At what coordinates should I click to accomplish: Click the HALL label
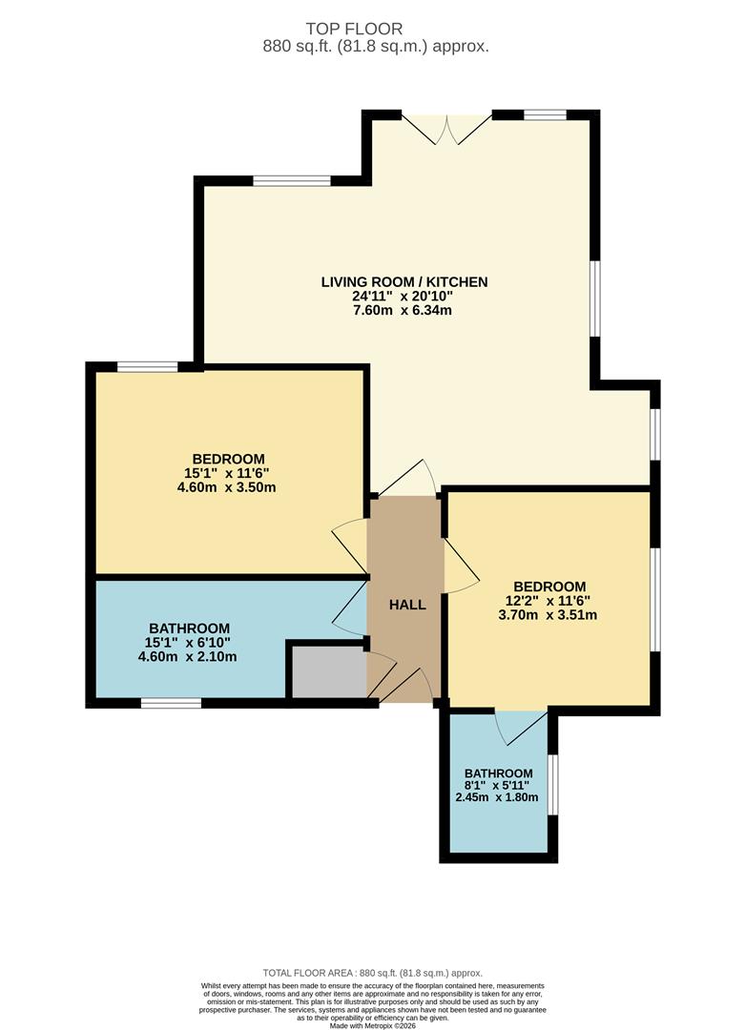pyautogui.click(x=407, y=605)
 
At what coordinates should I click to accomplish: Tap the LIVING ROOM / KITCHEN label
pyautogui.click(x=404, y=281)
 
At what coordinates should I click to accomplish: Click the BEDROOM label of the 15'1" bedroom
pyautogui.click(x=228, y=459)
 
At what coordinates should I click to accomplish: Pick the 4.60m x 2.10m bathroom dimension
pyautogui.click(x=188, y=656)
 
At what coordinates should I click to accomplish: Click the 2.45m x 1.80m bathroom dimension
pyautogui.click(x=497, y=797)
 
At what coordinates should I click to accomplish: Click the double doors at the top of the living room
pyautogui.click(x=446, y=129)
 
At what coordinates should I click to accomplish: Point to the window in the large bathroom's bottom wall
pyautogui.click(x=171, y=704)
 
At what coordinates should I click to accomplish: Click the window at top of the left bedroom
pyautogui.click(x=147, y=366)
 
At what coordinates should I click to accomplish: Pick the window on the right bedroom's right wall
pyautogui.click(x=655, y=600)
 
